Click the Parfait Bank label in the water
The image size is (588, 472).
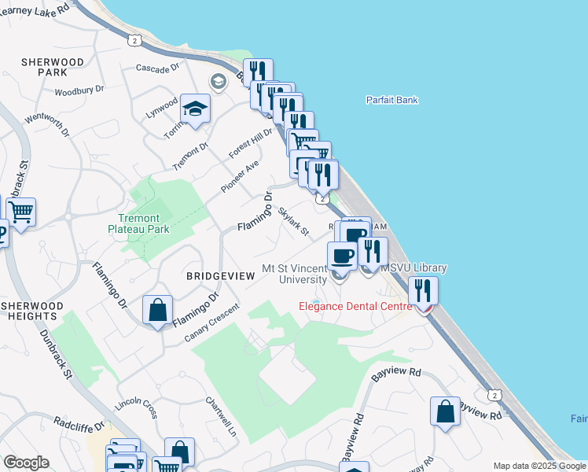point(391,100)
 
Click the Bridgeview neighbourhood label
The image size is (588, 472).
point(220,276)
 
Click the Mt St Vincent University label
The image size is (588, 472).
point(294,274)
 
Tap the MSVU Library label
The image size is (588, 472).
point(413,268)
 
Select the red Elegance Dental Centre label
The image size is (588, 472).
point(355,306)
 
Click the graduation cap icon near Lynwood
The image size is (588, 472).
point(195,110)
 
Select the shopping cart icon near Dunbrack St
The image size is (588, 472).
point(21,211)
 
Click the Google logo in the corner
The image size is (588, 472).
point(26,463)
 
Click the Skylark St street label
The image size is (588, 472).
point(292,221)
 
